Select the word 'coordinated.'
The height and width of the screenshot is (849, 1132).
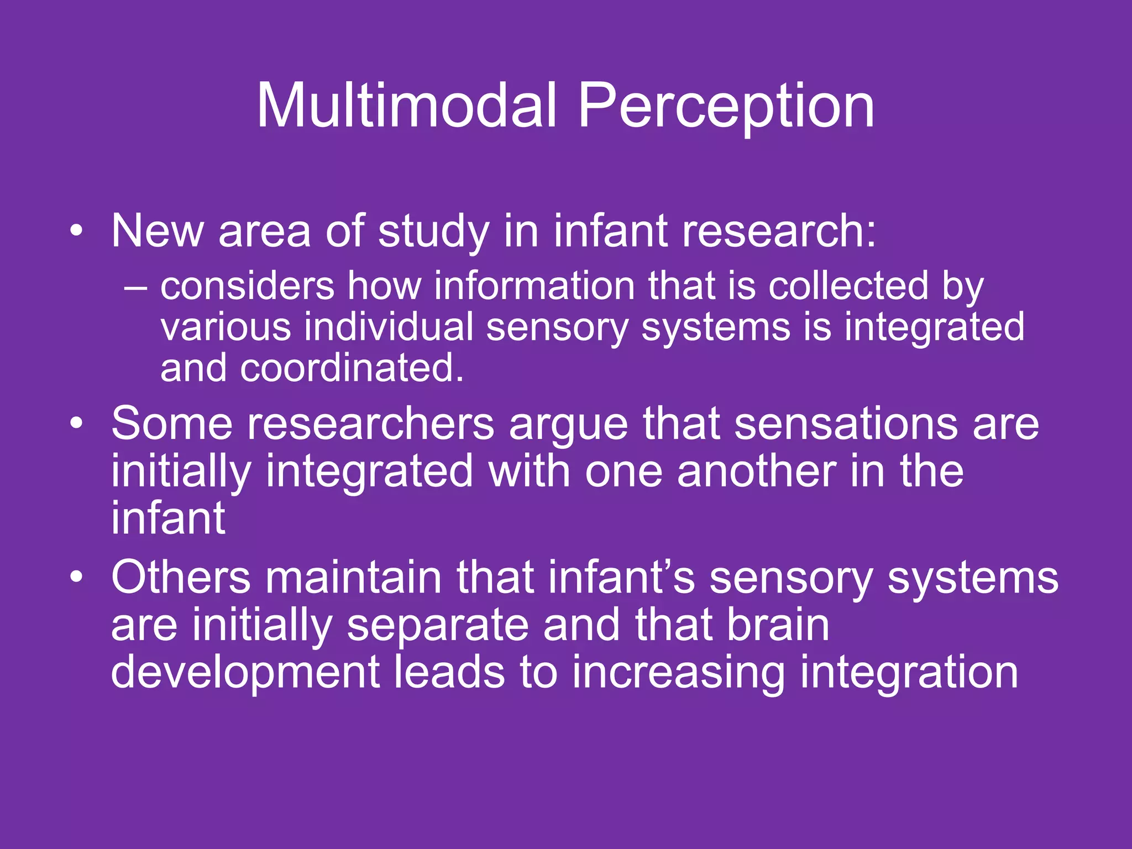tap(352, 368)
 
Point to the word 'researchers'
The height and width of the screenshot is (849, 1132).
tap(370, 424)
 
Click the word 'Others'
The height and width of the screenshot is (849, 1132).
tap(181, 577)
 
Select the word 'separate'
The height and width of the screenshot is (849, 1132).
tap(437, 627)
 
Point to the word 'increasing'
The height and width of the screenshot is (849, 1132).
tap(678, 673)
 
